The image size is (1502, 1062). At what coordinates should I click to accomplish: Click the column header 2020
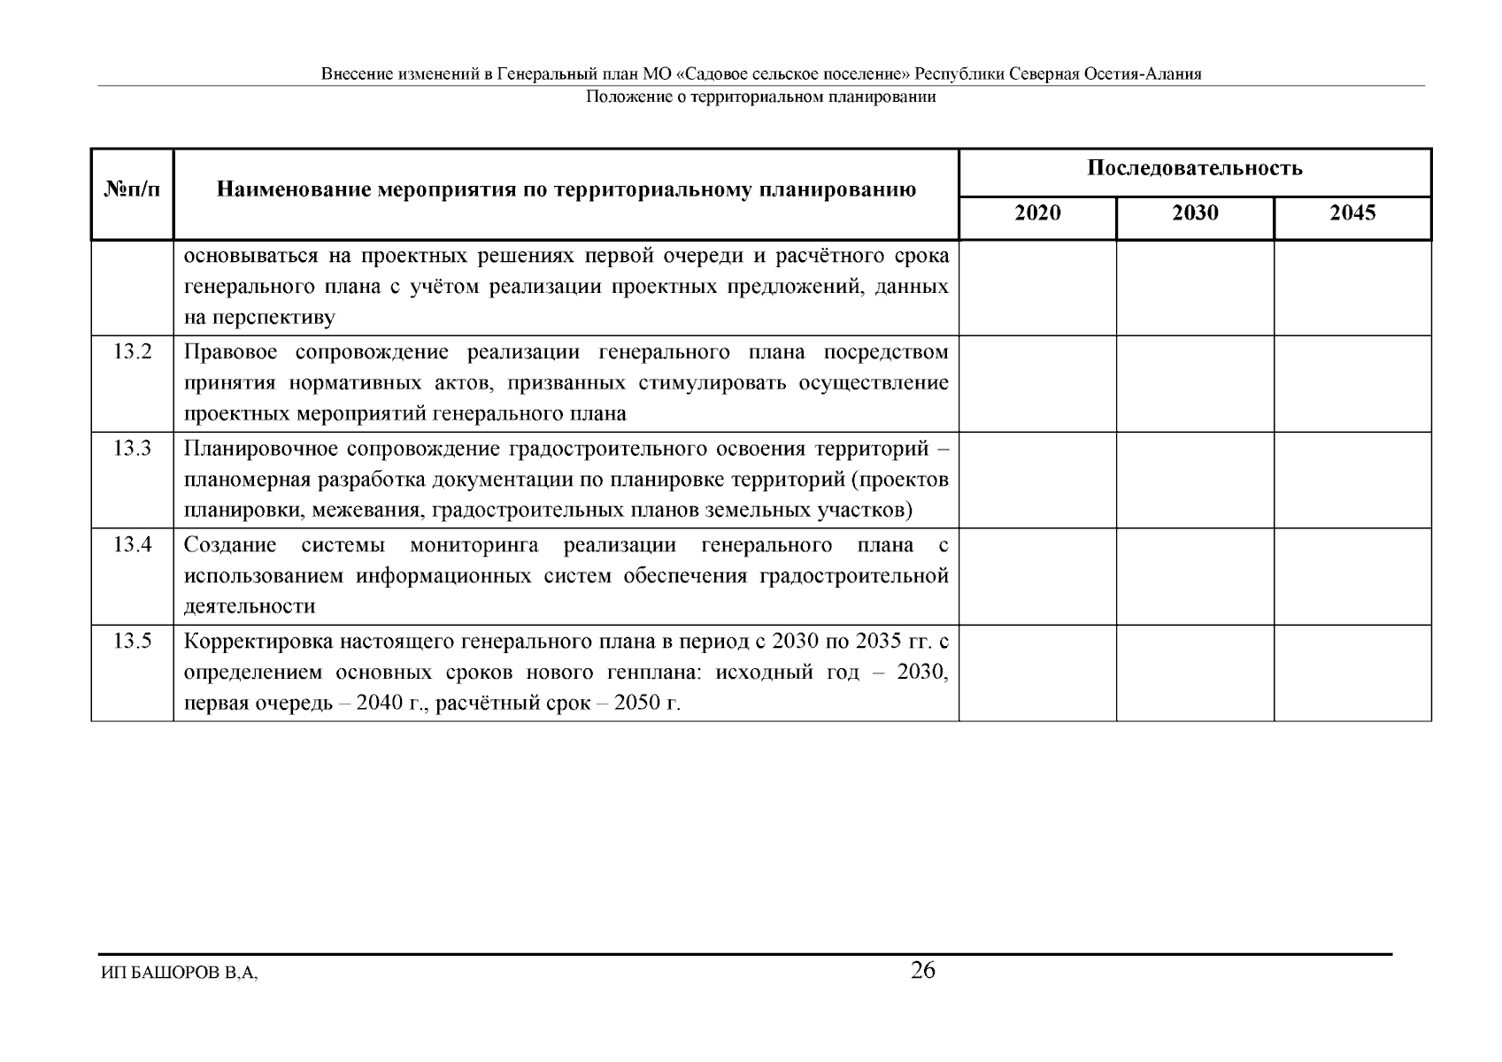tap(1037, 213)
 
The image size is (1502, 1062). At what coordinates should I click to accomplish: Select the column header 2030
tap(1195, 213)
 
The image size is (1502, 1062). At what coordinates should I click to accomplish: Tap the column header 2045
tap(1352, 213)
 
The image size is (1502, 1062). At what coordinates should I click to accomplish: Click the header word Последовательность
tap(1195, 168)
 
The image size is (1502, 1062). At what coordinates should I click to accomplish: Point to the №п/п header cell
tap(133, 189)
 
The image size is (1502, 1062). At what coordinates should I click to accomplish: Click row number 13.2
tap(133, 352)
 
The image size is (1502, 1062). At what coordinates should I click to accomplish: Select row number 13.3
tap(133, 449)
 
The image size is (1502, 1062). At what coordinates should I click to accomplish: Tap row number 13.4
tap(133, 545)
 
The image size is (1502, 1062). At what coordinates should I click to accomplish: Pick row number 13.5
tap(133, 642)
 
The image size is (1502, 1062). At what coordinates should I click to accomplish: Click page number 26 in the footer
tap(923, 971)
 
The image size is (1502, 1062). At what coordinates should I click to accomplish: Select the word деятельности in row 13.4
tap(250, 607)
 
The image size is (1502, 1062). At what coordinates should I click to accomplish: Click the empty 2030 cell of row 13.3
tap(1195, 480)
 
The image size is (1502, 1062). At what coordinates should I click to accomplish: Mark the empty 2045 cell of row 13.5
tap(1352, 673)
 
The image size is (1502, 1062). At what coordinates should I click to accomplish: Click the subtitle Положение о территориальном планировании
tap(761, 97)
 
